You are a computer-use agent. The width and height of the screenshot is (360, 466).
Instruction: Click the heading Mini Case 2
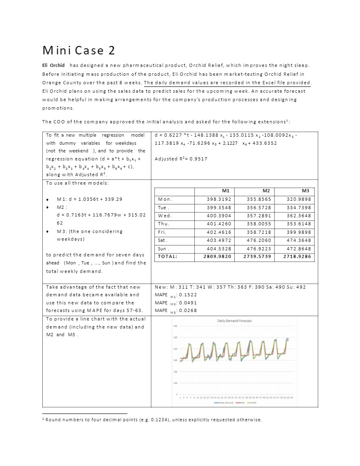click(x=79, y=50)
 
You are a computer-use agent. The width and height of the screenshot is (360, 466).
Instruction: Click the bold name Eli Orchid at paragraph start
click(x=53, y=65)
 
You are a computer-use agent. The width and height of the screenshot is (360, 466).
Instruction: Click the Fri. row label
click(x=162, y=232)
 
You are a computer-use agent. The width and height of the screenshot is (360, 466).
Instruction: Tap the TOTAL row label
click(x=167, y=256)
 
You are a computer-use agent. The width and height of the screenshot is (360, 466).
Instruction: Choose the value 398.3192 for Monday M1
click(x=218, y=199)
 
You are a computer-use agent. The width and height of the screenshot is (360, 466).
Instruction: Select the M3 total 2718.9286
click(x=297, y=256)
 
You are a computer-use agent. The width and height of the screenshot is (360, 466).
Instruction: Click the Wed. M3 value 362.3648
click(x=299, y=216)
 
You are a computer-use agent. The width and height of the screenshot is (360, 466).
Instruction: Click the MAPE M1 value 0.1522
click(x=187, y=295)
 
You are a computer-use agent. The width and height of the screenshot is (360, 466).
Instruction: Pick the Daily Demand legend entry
click(x=224, y=402)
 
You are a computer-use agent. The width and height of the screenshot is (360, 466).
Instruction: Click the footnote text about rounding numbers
click(x=154, y=420)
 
